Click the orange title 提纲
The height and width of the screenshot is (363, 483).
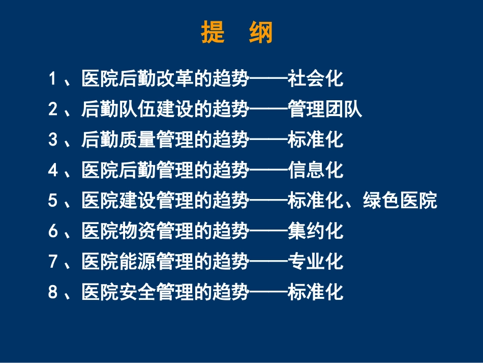point(237,33)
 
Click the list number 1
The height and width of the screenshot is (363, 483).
point(52,79)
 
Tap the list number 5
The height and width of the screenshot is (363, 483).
point(52,201)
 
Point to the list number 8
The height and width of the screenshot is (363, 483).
point(52,293)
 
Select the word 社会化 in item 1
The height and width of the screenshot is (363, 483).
point(315,79)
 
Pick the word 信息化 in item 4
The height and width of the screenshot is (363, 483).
point(315,171)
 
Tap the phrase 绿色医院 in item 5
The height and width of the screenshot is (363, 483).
point(400,201)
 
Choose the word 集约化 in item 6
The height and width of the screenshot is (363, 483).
point(315,232)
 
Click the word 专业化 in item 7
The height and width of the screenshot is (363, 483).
point(315,262)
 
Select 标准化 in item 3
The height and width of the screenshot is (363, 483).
point(315,140)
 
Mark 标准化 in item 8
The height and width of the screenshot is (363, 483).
point(315,293)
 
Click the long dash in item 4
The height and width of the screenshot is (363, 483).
point(268,171)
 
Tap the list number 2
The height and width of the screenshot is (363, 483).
point(52,109)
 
